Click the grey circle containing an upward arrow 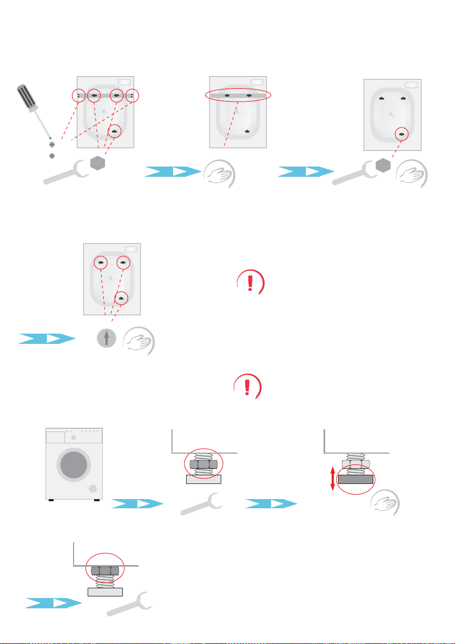coord(106,339)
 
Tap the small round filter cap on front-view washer coord(93,489)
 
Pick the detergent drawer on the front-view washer coord(55,436)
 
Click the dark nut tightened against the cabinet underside coord(106,571)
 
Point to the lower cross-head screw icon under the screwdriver coord(52,156)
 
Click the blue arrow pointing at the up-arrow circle coord(46,339)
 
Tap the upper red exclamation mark coord(249,283)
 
